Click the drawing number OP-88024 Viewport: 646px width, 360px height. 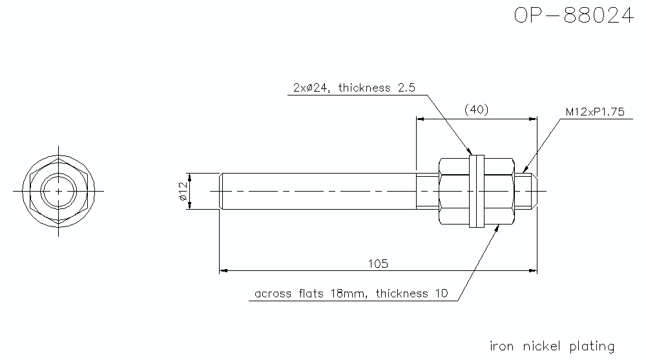click(573, 15)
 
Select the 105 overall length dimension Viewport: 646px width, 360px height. click(378, 263)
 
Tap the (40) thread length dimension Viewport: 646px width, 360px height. click(477, 110)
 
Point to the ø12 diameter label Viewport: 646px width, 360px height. click(183, 191)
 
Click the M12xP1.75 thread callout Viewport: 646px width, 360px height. click(595, 112)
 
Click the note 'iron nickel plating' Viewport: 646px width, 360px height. click(552, 346)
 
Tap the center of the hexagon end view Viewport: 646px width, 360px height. click(59, 191)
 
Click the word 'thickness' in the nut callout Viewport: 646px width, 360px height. click(402, 294)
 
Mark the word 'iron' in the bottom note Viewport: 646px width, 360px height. click(502, 346)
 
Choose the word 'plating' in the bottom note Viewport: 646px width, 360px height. click(591, 346)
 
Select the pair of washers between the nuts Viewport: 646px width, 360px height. click(477, 191)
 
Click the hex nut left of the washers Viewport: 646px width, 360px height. click(454, 191)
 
